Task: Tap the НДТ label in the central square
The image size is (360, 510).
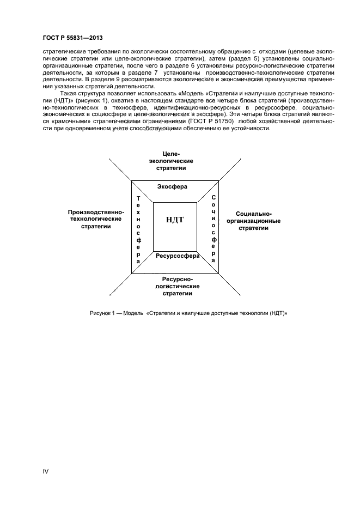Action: point(174,220)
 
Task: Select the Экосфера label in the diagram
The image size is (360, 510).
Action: point(172,186)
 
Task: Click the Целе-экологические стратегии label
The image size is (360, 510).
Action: point(172,161)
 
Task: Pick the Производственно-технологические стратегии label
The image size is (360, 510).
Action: point(96,219)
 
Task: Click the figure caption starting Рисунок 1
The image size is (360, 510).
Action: point(188,313)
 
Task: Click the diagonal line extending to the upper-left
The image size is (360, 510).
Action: point(120,169)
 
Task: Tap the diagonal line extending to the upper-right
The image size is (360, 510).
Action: point(229,169)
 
